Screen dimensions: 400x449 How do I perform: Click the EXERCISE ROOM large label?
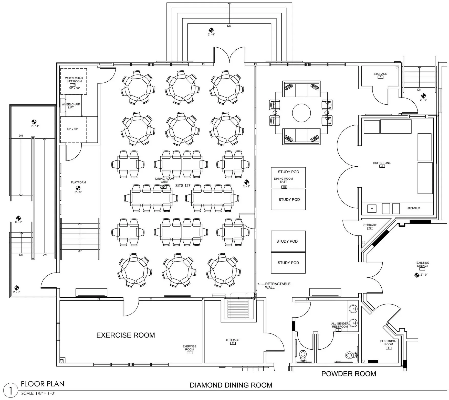pos(126,335)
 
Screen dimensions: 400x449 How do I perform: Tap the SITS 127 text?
pos(183,186)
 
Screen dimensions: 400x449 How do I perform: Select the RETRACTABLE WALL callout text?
pos(277,286)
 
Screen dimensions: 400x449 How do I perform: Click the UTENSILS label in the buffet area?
pos(413,208)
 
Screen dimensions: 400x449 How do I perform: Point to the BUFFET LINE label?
pos(382,163)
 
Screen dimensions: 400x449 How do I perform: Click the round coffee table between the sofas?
pos(301,113)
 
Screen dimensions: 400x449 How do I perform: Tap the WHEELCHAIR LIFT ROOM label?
pos(74,80)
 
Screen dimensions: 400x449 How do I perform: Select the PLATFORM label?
pos(78,182)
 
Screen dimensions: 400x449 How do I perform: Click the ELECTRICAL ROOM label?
pos(389,343)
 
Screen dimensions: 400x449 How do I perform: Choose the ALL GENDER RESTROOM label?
pos(340,325)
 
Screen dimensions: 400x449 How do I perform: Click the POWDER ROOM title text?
pos(349,374)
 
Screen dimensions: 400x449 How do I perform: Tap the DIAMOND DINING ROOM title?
pos(231,385)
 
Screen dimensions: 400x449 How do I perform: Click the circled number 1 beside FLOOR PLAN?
pos(11,391)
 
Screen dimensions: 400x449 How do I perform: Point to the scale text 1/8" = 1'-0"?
pos(38,394)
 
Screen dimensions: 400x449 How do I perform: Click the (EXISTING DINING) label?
pos(422,264)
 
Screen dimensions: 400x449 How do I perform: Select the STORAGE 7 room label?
pos(380,74)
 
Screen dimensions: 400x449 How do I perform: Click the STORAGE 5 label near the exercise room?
pos(233,340)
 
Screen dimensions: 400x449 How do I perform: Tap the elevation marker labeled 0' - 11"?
pos(34,122)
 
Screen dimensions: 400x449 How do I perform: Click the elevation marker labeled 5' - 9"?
pos(78,188)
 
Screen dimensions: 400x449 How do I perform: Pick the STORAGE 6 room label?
pos(370,225)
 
